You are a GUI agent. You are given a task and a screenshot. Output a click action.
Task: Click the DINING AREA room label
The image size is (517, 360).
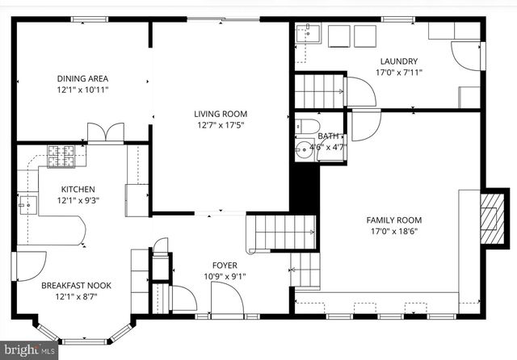pos(82,78)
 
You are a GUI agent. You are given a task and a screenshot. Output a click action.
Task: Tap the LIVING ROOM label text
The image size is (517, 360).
pos(220,114)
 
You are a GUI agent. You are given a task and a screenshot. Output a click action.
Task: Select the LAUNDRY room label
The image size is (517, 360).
pos(398,61)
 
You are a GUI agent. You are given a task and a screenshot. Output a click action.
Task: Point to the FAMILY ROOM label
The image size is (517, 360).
pos(393,220)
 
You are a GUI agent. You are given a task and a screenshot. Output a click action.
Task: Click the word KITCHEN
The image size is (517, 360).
pos(78,190)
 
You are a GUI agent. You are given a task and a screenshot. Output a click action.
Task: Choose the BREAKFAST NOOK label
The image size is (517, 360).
pos(77,285)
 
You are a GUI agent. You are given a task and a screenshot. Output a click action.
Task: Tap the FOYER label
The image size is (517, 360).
pos(225,266)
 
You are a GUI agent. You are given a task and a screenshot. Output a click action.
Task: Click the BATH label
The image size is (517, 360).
pos(329,136)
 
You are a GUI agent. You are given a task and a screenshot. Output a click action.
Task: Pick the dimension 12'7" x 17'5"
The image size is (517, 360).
pos(220,125)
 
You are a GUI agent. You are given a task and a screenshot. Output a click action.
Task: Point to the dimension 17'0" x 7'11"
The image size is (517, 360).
pos(398,73)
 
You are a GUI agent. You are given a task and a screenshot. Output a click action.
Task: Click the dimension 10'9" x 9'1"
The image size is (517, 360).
pos(225,277)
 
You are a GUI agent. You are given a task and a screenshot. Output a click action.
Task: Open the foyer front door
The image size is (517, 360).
pos(227,301)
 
